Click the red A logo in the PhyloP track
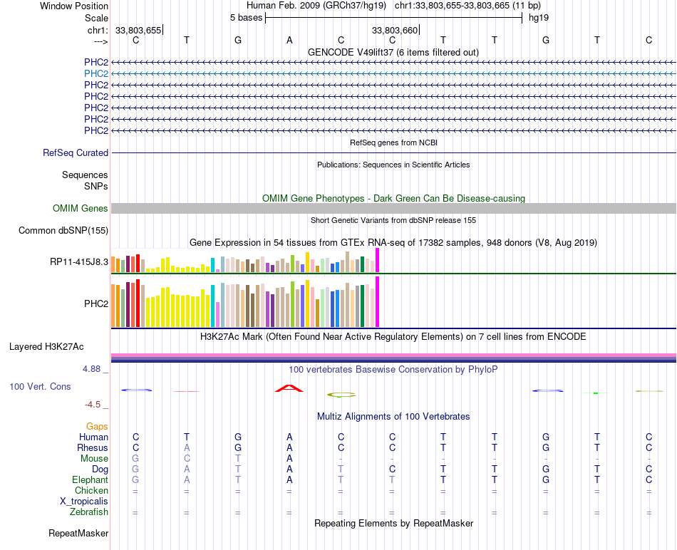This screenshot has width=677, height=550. [289, 388]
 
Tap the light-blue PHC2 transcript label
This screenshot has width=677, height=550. [96, 73]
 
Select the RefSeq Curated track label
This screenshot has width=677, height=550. [76, 152]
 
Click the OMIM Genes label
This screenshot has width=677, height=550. [81, 208]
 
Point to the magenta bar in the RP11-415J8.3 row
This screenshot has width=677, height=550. [378, 260]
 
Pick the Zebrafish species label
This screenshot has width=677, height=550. [89, 512]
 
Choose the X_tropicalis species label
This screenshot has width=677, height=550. [84, 501]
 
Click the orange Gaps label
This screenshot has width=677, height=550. [97, 426]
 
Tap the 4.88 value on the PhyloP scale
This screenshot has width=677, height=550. [93, 369]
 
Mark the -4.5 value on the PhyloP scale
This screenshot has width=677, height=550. [93, 404]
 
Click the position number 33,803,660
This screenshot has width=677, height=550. [395, 30]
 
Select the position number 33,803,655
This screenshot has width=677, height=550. [138, 30]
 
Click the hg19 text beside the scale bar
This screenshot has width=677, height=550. [538, 17]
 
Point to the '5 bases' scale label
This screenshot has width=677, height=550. [246, 17]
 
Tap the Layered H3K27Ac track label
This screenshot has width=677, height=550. [46, 347]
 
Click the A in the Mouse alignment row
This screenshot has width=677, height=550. [289, 458]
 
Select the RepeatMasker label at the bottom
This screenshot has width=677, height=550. [78, 533]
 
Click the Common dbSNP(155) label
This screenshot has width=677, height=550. [63, 230]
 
